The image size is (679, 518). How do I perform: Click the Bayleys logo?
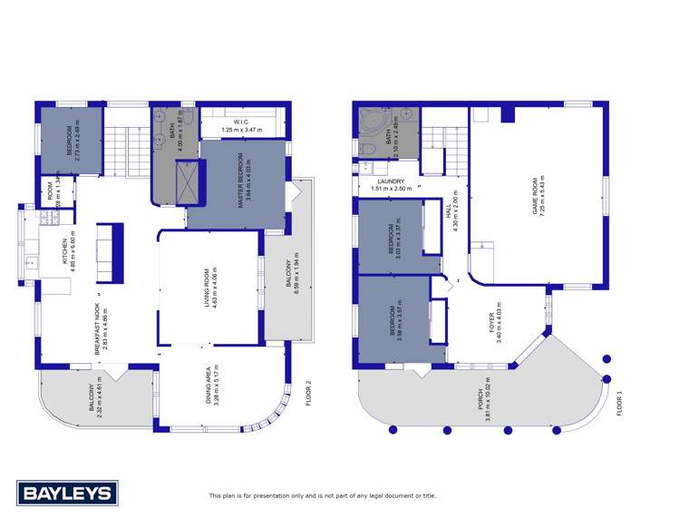coord(67,494)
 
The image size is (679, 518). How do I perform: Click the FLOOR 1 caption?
coord(620,399)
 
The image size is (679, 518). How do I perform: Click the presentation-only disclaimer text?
coord(322,495)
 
